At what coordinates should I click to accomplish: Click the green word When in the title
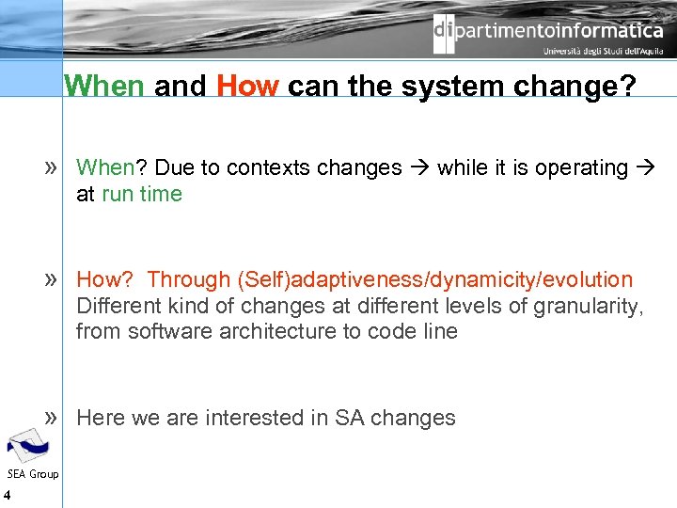(104, 87)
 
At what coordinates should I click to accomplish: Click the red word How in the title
(247, 87)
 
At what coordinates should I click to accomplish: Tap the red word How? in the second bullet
(106, 280)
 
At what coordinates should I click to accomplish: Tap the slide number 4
(7, 496)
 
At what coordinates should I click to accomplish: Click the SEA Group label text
(32, 473)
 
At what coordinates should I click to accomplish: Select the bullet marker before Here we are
(53, 417)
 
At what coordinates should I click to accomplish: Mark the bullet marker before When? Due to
(53, 167)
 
